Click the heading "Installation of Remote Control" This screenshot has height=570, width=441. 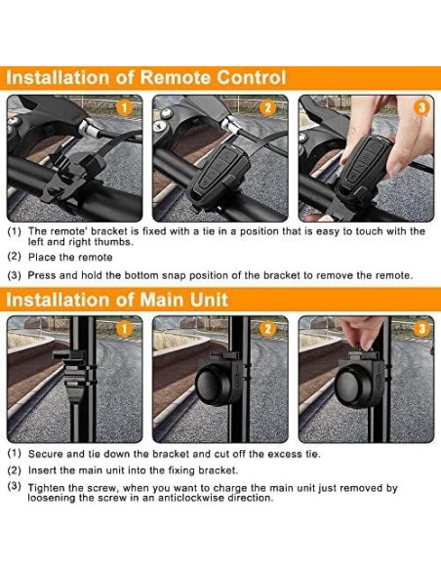[146, 78]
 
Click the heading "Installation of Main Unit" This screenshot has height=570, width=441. [117, 300]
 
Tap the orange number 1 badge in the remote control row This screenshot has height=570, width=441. [124, 107]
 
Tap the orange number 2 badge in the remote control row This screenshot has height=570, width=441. [267, 107]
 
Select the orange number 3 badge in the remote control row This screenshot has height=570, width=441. [422, 107]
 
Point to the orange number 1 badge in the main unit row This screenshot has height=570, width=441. [124, 329]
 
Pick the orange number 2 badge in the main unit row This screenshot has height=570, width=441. [267, 329]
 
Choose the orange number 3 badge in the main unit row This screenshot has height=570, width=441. [421, 329]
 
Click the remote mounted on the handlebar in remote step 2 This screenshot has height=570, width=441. [219, 174]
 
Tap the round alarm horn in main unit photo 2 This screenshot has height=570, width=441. [216, 384]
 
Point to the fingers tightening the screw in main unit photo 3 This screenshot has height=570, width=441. [360, 330]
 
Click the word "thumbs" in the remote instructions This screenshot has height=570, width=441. [113, 242]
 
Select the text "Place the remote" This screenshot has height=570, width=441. [70, 258]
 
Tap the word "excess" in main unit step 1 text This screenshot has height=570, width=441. [285, 454]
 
